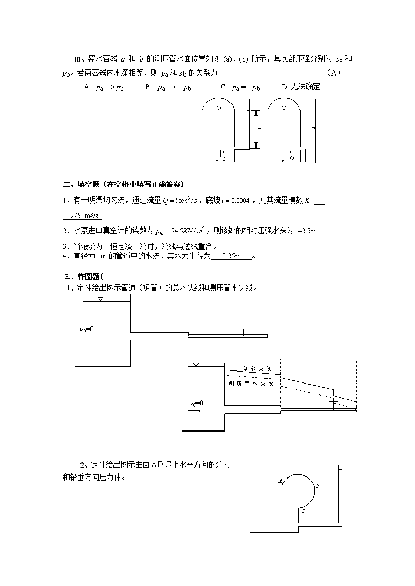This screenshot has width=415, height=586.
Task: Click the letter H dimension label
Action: (259, 129)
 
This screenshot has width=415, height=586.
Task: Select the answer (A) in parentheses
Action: (333, 73)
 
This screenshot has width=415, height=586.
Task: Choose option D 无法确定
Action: (301, 87)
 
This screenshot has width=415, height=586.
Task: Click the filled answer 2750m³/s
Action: (86, 216)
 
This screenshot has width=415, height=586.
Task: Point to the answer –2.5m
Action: (306, 231)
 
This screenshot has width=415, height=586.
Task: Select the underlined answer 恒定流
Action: (121, 247)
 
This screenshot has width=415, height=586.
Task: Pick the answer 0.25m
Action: (231, 256)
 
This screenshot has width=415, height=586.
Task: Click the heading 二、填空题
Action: (81, 184)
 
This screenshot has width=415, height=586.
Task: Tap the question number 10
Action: (77, 59)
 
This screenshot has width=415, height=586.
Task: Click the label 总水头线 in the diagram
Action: (257, 369)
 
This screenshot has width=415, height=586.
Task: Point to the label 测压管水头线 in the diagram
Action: (251, 384)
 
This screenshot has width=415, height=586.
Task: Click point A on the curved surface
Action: (280, 481)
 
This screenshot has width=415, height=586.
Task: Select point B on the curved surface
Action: (317, 486)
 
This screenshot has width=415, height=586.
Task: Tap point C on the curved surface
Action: (303, 511)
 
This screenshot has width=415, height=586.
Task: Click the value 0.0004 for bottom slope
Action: (240, 201)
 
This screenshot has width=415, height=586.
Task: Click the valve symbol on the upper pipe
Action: (243, 332)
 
